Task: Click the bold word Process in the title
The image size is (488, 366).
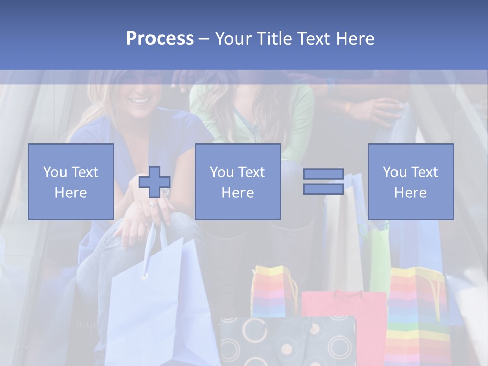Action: click(x=160, y=39)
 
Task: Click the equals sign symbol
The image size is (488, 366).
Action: click(x=323, y=181)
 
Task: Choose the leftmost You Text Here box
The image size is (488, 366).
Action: click(x=71, y=181)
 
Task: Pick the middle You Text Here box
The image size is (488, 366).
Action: click(x=237, y=181)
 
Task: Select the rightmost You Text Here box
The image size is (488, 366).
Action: click(x=410, y=181)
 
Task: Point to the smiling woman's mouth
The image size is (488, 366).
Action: click(x=140, y=100)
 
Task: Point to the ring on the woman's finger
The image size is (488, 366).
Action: click(x=152, y=204)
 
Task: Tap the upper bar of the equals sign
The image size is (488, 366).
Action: click(x=323, y=174)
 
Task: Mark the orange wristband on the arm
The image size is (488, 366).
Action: click(x=348, y=107)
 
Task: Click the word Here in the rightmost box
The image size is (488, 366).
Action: click(x=410, y=192)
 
